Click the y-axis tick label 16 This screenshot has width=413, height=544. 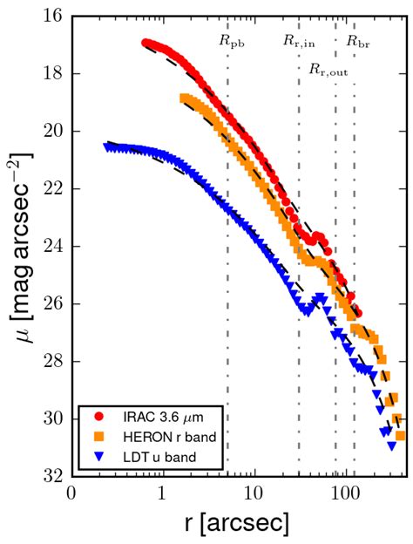point(51,17)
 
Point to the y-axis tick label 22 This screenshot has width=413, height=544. point(51,189)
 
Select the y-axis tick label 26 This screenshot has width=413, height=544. point(51,304)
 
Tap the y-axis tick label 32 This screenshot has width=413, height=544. point(51,477)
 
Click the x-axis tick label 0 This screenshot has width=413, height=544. point(71,493)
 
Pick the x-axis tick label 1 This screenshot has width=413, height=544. point(162,493)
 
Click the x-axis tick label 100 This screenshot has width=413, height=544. point(346,493)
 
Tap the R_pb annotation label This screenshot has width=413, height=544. point(231,41)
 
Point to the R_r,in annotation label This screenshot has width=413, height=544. point(299,41)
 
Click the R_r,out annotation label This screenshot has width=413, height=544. point(328,70)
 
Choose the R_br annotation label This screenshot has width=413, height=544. point(357,41)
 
